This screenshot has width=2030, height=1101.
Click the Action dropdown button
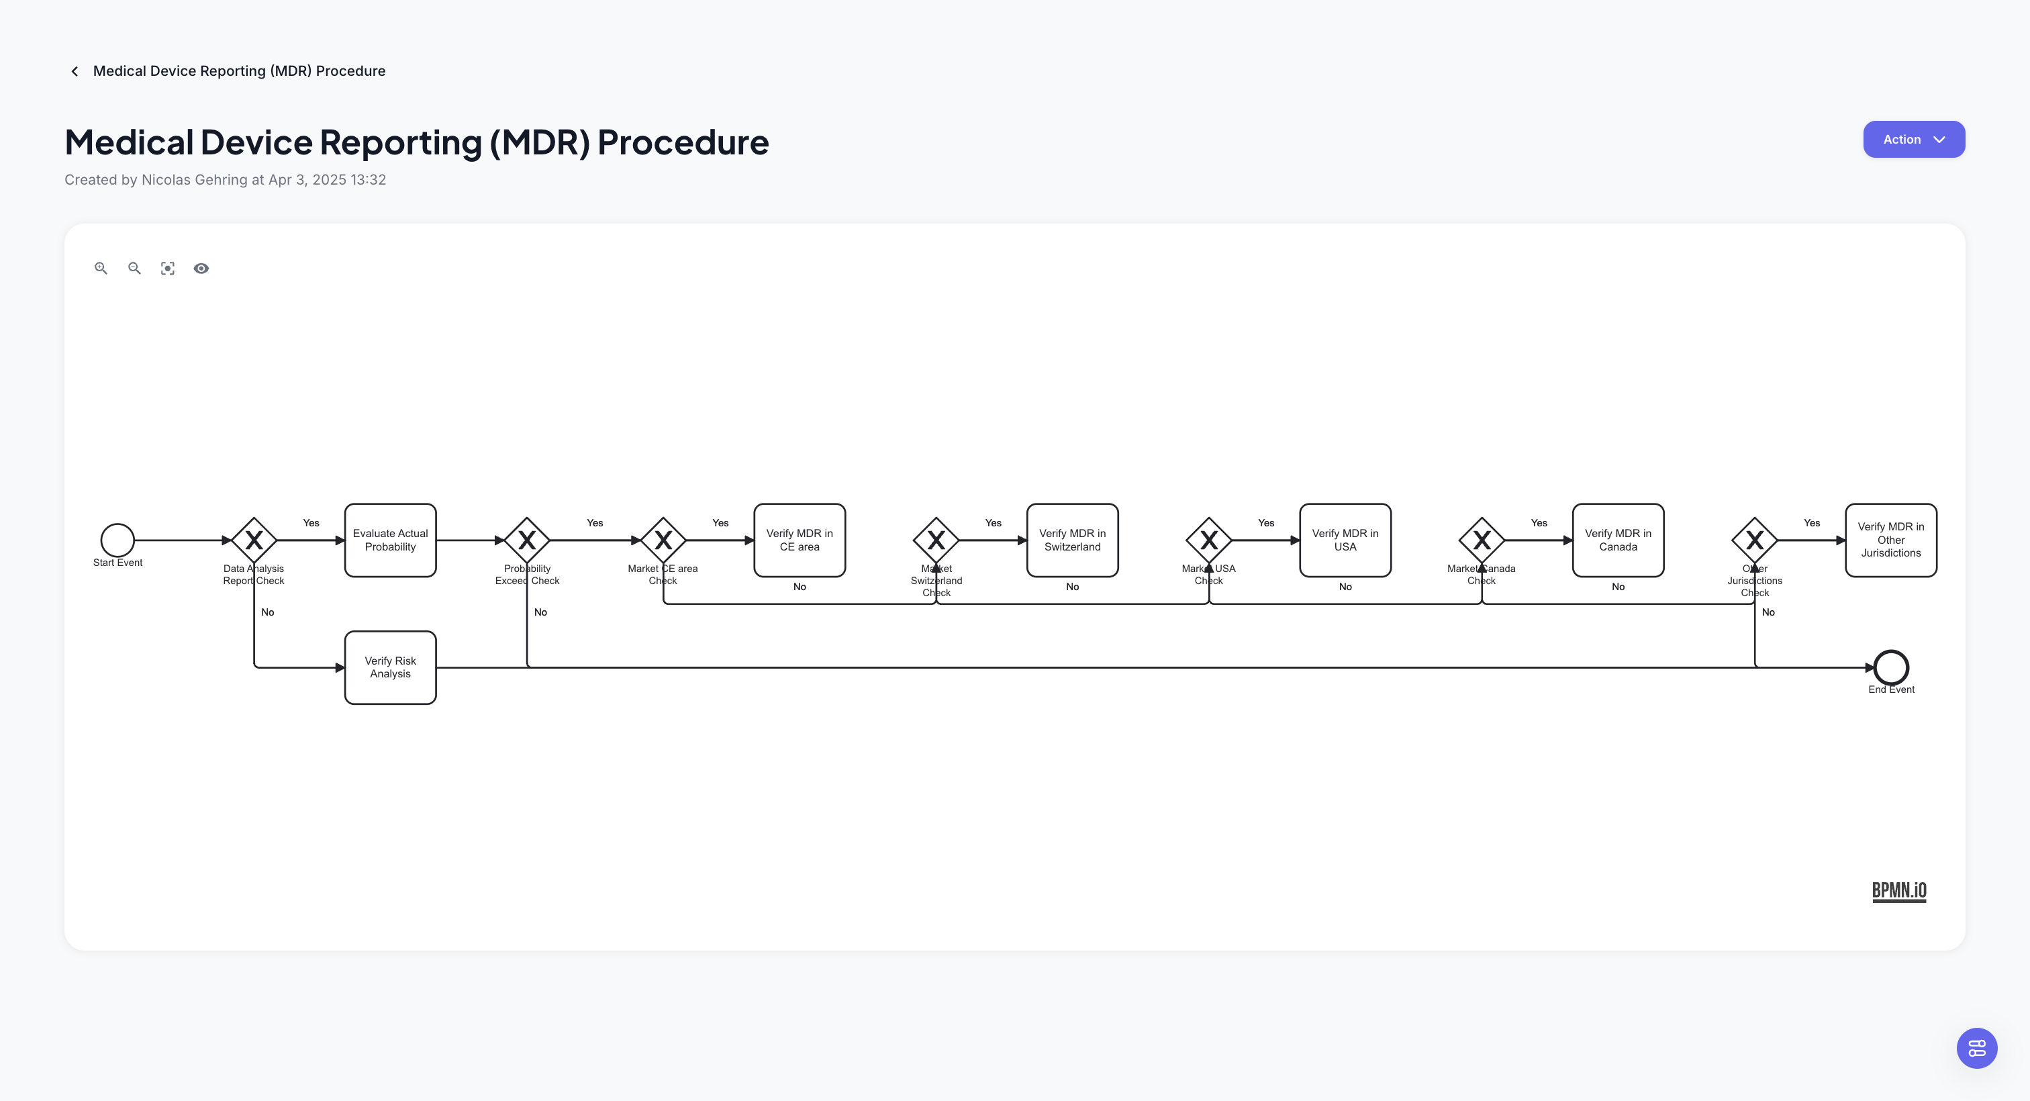1913,140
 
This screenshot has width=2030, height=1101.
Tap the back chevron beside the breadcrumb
75,72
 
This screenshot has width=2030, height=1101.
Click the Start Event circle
117,540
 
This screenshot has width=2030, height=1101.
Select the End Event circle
1890,667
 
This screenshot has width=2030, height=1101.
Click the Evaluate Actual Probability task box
390,540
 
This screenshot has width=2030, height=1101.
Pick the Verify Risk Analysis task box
390,667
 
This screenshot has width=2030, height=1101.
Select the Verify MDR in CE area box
799,540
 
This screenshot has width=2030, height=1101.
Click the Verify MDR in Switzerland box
1072,540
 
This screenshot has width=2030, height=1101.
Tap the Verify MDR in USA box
1345,540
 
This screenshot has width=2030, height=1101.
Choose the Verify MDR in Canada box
1617,540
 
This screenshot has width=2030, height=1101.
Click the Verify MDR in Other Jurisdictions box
1890,540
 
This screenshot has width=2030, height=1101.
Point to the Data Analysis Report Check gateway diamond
254,540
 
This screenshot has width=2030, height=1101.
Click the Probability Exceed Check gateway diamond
526,540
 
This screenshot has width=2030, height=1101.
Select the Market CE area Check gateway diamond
663,540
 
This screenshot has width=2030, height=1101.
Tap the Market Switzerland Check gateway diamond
935,540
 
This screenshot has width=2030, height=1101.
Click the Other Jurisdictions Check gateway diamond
1754,540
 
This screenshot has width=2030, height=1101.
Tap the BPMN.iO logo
1898,891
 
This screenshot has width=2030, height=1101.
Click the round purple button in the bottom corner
1976,1048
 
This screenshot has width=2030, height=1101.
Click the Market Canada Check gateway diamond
1482,540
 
